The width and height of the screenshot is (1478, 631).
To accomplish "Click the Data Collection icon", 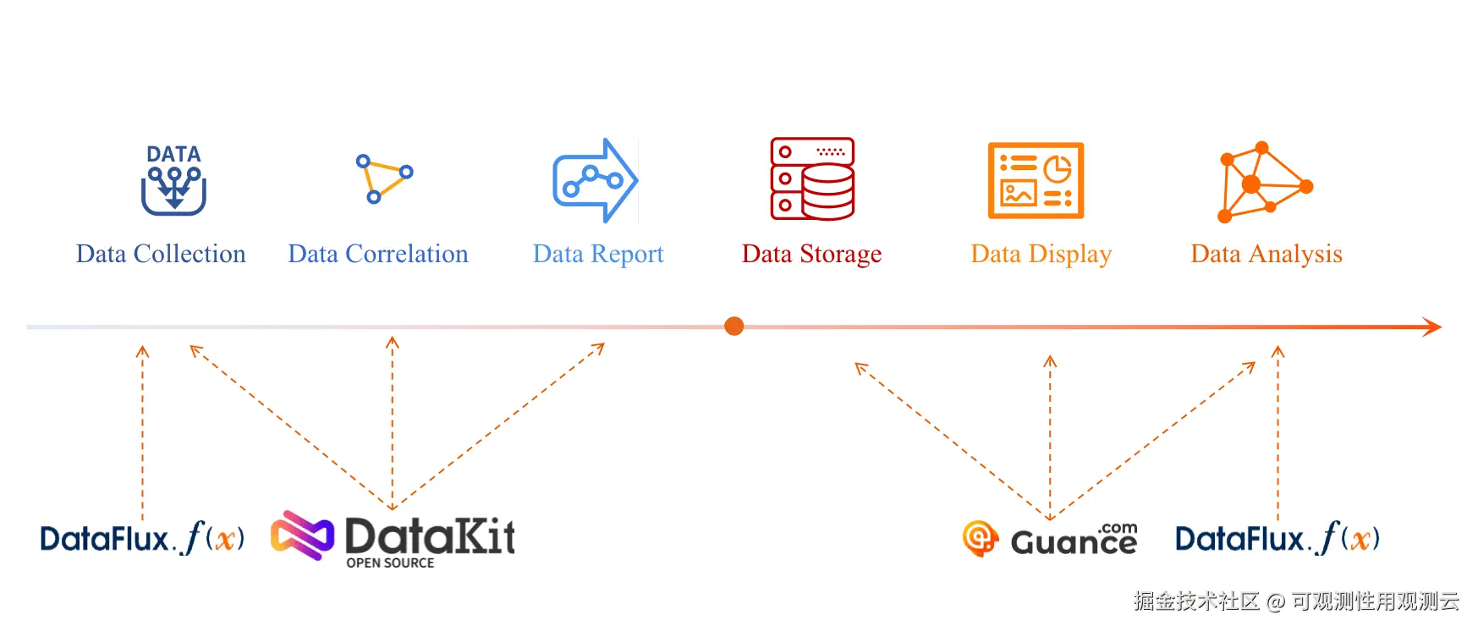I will pyautogui.click(x=173, y=179).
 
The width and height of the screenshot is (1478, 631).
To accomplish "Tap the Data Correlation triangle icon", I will pyautogui.click(x=383, y=178).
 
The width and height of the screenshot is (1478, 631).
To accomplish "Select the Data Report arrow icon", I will pyautogui.click(x=595, y=180).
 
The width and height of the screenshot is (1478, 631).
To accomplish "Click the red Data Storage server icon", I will pyautogui.click(x=812, y=178).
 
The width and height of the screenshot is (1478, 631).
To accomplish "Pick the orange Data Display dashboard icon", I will pyautogui.click(x=1036, y=180).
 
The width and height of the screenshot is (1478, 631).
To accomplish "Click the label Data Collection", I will pyautogui.click(x=161, y=254).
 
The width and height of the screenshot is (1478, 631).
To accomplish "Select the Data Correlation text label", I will pyautogui.click(x=377, y=254).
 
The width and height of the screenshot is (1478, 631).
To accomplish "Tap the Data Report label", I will pyautogui.click(x=598, y=254).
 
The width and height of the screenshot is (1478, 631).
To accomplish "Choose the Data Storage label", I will pyautogui.click(x=811, y=254).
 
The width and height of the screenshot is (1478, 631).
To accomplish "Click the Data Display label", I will pyautogui.click(x=1041, y=254).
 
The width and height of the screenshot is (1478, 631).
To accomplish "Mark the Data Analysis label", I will pyautogui.click(x=1266, y=254).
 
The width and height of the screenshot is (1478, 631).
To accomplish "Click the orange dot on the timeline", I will pyautogui.click(x=734, y=326).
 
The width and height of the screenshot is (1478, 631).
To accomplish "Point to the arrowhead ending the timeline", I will pyautogui.click(x=1431, y=326).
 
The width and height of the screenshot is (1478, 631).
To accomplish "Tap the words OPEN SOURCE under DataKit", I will pyautogui.click(x=390, y=563).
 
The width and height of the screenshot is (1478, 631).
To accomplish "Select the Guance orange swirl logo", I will pyautogui.click(x=980, y=538).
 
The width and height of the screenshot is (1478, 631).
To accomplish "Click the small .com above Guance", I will pyautogui.click(x=1118, y=528).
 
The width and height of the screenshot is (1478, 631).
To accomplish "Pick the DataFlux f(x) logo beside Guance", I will pyautogui.click(x=1277, y=538).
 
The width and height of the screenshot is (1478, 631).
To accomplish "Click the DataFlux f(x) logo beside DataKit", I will pyautogui.click(x=142, y=538).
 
